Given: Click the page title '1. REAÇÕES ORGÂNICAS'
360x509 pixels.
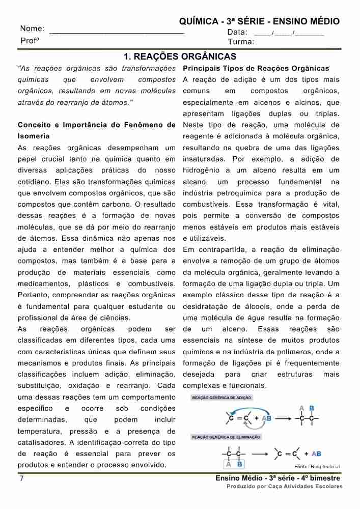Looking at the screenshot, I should (x=180, y=56).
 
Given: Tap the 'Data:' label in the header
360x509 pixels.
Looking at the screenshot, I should (x=237, y=32).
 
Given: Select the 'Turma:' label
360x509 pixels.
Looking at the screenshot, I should (x=241, y=42).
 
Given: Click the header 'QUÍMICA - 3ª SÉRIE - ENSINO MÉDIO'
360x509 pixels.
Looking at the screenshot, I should (x=259, y=21).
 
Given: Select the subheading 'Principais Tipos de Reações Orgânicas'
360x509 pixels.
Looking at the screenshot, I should (x=256, y=68).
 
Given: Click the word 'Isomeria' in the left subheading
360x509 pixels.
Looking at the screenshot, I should (x=34, y=136).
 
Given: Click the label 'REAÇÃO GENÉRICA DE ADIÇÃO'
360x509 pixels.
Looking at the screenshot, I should (x=221, y=398).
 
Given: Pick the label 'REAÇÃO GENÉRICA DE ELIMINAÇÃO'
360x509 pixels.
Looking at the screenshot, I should (x=226, y=437).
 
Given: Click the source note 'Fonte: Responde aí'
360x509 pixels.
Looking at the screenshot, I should (x=317, y=466).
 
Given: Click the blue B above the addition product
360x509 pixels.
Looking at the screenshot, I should (x=312, y=408).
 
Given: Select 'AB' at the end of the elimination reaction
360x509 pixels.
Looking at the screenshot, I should (x=316, y=454).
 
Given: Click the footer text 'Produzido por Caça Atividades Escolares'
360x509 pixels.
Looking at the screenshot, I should (x=284, y=487).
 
